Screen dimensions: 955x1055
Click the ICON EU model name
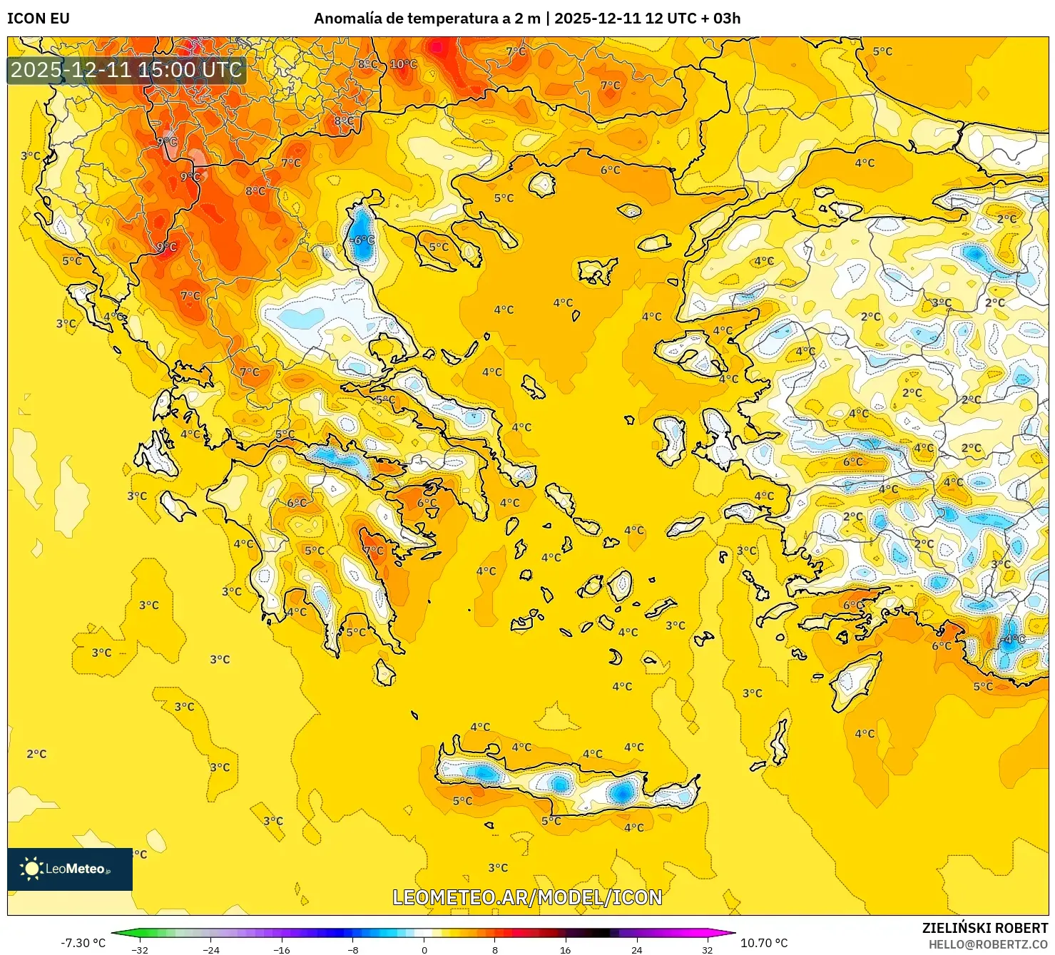[x=39, y=19]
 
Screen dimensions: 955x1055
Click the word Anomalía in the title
[x=347, y=19]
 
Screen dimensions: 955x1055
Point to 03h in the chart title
[x=726, y=19]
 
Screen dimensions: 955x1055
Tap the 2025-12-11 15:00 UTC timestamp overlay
[x=126, y=70]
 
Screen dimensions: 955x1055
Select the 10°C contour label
[x=403, y=64]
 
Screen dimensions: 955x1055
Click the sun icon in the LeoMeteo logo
[x=31, y=869]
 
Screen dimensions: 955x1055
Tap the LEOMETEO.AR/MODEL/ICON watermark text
[x=527, y=897]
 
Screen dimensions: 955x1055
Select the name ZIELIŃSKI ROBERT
[x=985, y=928]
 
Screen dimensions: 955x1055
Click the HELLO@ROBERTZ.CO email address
[x=988, y=944]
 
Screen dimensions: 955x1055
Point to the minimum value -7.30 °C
[x=83, y=943]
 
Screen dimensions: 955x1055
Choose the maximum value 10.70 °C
[x=764, y=943]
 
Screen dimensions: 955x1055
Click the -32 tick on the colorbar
[x=140, y=949]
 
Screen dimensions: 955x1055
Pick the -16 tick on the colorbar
[x=282, y=949]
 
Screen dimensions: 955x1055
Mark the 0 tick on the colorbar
[x=424, y=949]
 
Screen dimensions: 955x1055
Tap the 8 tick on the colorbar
[x=494, y=949]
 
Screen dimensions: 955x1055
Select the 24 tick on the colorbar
[x=636, y=949]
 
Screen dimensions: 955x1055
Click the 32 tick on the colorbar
[x=707, y=949]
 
